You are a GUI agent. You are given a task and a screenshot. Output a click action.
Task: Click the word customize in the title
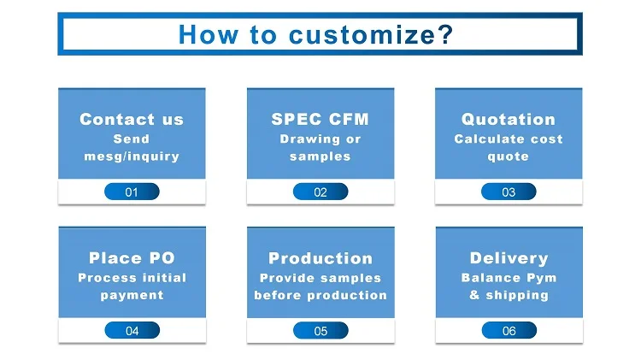tap(370, 35)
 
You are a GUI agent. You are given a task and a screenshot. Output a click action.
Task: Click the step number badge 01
tap(132, 192)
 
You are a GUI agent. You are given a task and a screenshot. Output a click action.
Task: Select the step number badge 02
tap(320, 192)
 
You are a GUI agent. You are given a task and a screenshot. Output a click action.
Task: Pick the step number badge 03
tap(509, 192)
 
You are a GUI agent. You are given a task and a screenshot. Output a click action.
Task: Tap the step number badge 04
tap(132, 331)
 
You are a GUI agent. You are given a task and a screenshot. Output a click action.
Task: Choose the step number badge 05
tap(320, 331)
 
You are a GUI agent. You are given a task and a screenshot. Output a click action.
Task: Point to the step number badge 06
tap(509, 331)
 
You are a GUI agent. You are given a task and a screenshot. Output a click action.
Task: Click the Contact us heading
tap(132, 120)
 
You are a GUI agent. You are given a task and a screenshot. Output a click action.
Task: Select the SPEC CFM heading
tap(320, 120)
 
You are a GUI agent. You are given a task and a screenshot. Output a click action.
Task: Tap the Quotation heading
tap(509, 120)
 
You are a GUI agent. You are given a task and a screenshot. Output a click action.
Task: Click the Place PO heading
tap(132, 258)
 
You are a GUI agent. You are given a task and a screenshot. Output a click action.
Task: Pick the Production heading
tap(320, 258)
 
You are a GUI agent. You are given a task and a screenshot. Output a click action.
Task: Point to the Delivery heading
tap(509, 258)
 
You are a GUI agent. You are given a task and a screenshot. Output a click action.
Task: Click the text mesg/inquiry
tap(132, 156)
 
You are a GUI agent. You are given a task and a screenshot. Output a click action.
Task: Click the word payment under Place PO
tap(132, 295)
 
